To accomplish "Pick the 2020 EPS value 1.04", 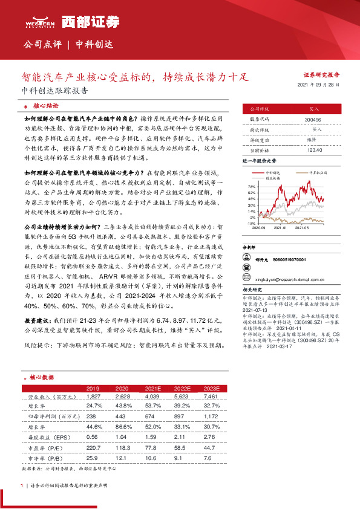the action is tap(122, 420).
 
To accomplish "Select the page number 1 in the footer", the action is tap(22, 485).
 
